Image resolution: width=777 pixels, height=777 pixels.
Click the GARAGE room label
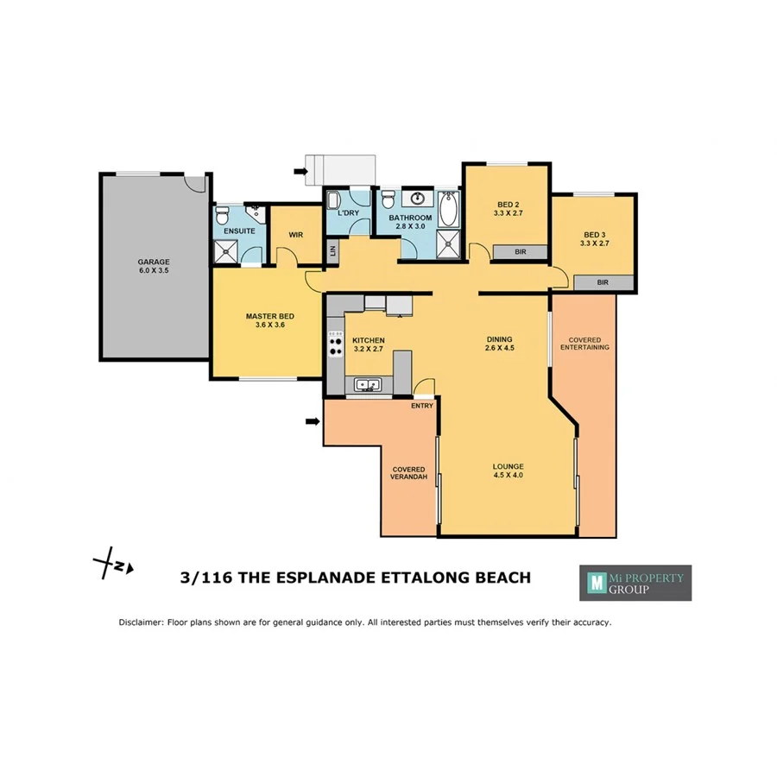pos(154,262)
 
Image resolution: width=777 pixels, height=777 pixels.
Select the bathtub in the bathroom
pos(447,209)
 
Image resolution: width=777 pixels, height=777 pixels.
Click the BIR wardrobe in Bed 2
pos(520,252)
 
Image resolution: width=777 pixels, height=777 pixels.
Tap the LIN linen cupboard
pos(332,251)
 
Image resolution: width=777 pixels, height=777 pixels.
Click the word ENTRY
pos(422,406)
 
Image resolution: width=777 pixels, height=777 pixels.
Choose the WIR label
pos(296,234)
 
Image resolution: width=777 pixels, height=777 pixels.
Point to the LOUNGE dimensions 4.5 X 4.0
pos(509,476)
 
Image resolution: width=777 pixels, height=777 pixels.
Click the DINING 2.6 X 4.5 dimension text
pos(499,349)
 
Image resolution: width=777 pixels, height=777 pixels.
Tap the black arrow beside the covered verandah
pos(312,421)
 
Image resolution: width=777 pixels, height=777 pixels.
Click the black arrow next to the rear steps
pos(300,172)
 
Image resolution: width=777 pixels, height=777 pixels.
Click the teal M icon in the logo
pos(594,583)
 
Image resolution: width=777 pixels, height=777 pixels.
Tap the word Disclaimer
pos(141,622)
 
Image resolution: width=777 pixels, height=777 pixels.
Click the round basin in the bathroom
pos(419,196)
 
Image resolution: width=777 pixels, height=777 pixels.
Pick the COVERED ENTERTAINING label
pos(584,344)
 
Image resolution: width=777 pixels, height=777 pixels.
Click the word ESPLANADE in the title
pos(327,578)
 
